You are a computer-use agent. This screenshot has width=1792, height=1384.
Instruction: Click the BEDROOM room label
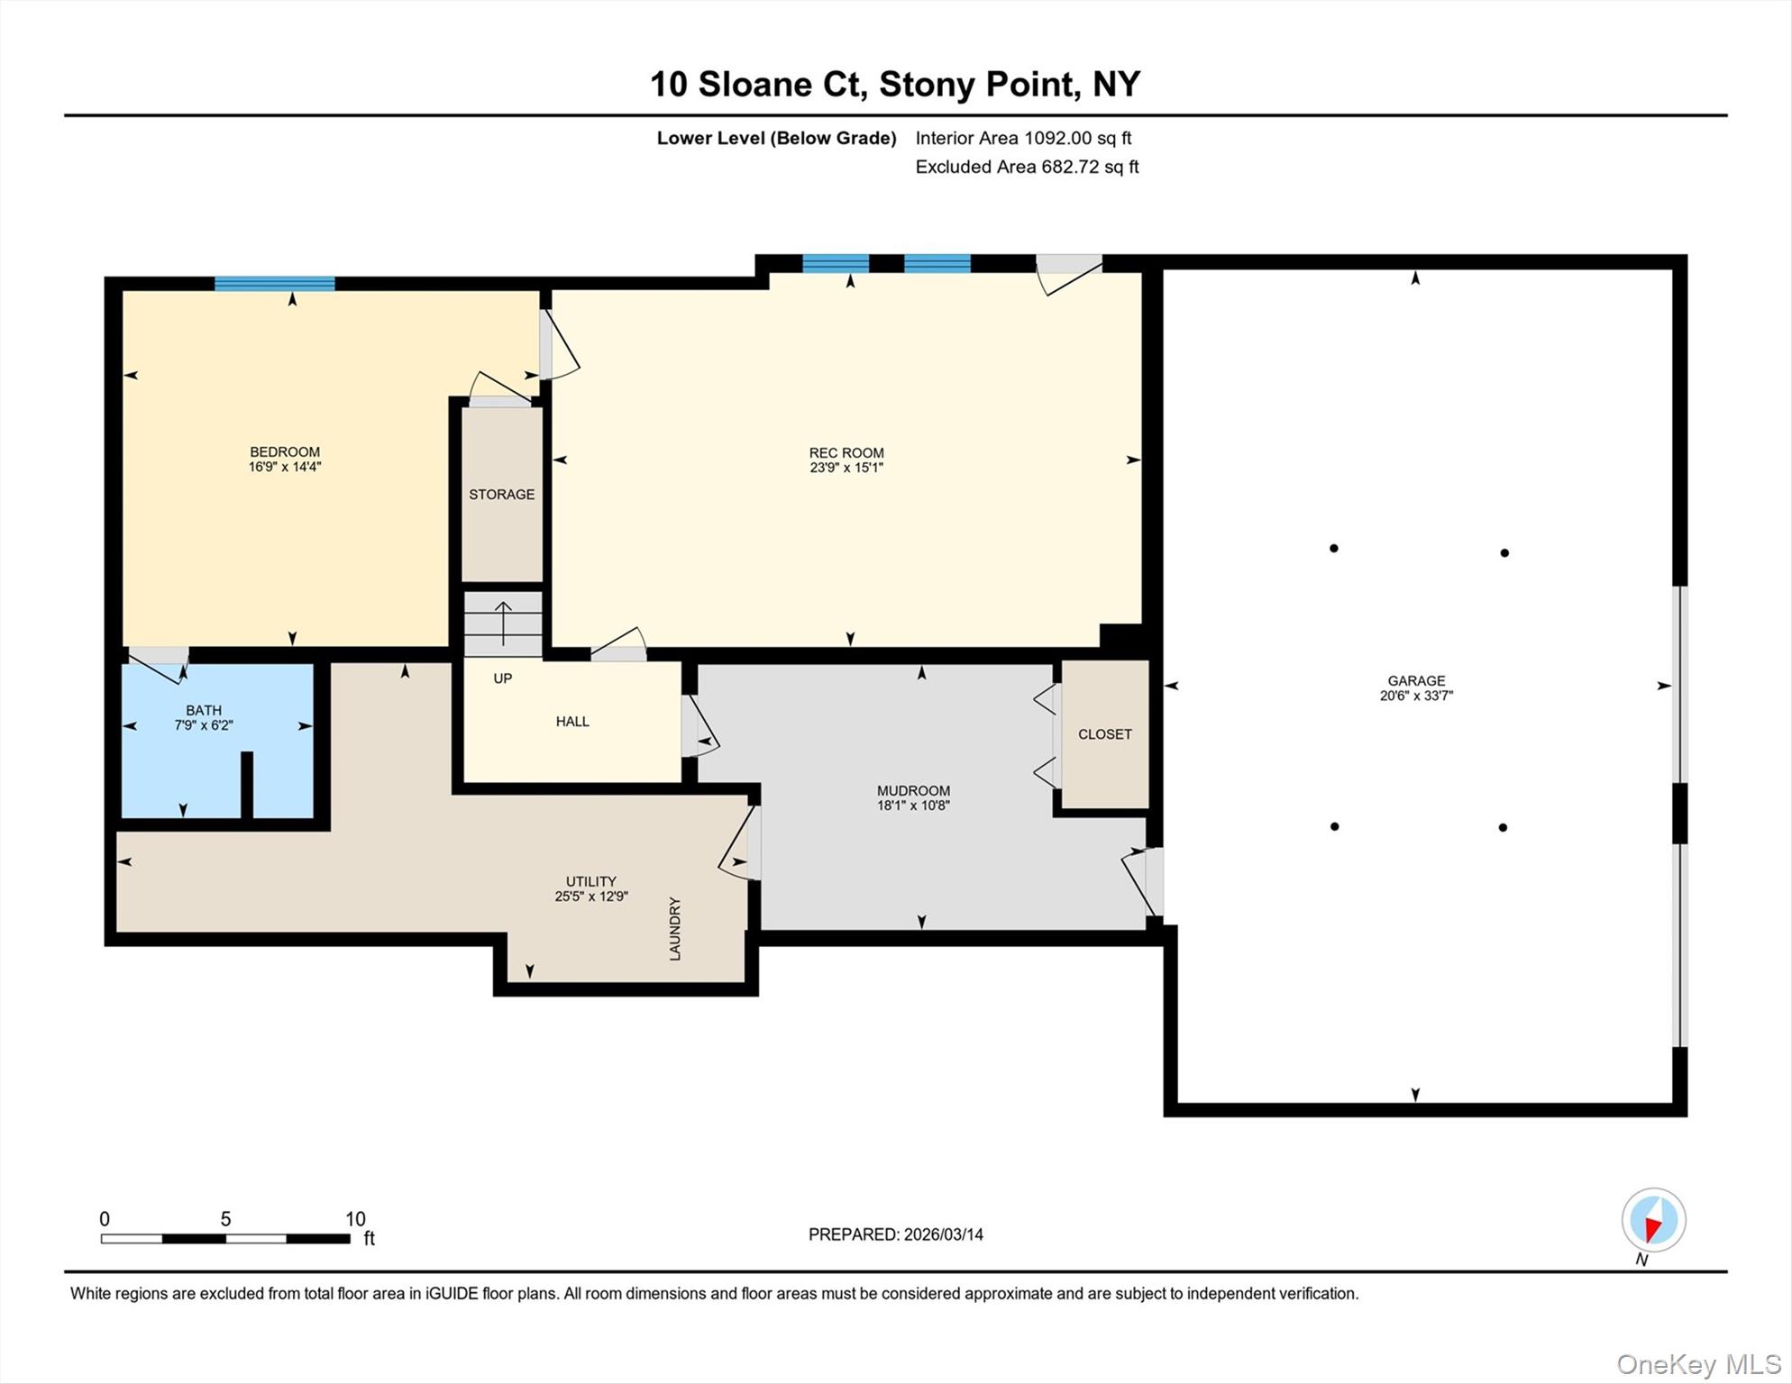[x=285, y=451]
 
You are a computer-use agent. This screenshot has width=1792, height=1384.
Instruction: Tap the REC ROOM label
[x=846, y=452]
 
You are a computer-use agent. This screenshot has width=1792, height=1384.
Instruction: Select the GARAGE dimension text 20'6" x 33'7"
[x=1416, y=696]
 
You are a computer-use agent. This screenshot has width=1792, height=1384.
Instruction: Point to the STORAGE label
[x=501, y=494]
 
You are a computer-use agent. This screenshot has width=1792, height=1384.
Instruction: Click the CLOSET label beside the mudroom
[x=1104, y=733]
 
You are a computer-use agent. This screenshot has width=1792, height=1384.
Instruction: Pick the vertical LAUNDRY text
[x=675, y=928]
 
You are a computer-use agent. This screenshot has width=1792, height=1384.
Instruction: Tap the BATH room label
[x=204, y=710]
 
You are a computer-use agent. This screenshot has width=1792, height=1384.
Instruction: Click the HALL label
[x=572, y=721]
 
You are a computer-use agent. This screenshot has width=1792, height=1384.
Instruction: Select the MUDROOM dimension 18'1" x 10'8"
[x=913, y=806]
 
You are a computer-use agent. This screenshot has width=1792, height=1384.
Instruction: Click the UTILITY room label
[x=591, y=881]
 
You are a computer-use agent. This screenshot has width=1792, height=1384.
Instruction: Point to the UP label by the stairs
[x=503, y=678]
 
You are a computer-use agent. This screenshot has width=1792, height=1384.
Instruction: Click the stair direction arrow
[x=503, y=623]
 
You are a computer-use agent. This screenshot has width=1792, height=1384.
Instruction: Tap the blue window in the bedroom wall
[x=274, y=284]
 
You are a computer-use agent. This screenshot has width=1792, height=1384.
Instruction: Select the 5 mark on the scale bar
[x=225, y=1219]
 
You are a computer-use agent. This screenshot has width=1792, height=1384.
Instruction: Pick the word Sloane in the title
[x=755, y=84]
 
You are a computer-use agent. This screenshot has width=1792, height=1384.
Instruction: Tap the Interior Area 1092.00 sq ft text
[x=1023, y=138]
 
